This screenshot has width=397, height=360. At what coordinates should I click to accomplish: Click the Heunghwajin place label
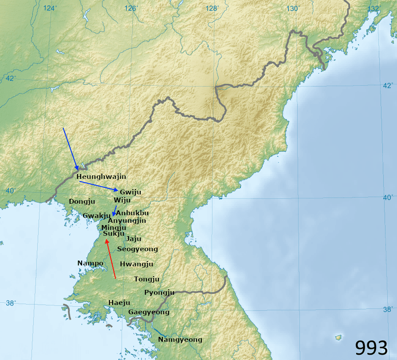tap(102, 177)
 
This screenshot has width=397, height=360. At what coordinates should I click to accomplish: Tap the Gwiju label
tap(130, 192)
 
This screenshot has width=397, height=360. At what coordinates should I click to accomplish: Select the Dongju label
tap(82, 201)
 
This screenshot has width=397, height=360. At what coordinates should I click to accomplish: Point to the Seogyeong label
tap(138, 249)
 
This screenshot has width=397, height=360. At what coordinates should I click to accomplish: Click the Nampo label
tap(90, 263)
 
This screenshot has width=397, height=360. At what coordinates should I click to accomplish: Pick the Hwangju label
tap(137, 264)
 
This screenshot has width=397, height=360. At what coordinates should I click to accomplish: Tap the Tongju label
tap(147, 279)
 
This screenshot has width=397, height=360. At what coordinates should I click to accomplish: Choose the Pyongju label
tap(159, 293)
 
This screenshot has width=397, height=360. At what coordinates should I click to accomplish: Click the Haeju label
tap(119, 303)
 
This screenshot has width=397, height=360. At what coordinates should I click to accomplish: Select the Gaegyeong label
tap(149, 312)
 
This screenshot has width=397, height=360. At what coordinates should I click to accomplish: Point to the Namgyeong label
tap(180, 340)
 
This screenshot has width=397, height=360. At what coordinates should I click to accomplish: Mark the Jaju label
tap(134, 238)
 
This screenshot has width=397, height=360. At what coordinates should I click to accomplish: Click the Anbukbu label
tap(132, 213)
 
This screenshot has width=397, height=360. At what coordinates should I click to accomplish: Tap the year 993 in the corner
tap(371, 348)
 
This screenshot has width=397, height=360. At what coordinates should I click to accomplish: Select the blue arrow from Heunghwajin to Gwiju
tap(98, 186)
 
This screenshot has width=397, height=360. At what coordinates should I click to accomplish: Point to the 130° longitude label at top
tap(292, 8)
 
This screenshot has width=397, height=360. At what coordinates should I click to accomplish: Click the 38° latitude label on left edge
tap(11, 303)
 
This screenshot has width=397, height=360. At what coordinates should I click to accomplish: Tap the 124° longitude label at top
tap(50, 8)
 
